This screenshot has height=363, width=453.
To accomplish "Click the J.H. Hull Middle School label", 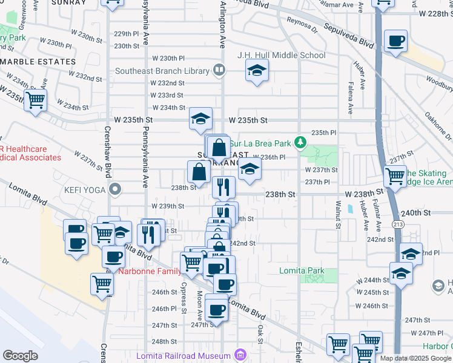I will (x=282, y=56).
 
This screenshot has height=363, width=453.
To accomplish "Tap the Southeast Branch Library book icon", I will (x=219, y=71).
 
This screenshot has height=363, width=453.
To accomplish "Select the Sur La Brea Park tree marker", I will (x=299, y=143).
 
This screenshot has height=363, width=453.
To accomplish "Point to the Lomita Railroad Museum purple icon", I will (x=241, y=354).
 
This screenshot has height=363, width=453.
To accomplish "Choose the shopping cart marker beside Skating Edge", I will (x=395, y=177).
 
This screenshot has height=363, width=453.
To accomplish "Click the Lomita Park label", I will (x=302, y=271).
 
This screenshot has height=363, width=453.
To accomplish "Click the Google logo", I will (x=20, y=355).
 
